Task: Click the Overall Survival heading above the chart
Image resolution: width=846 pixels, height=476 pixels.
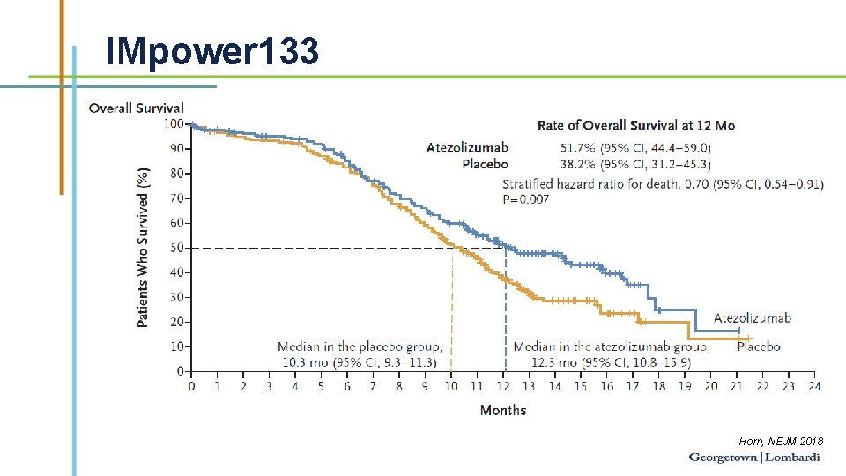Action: [137, 108]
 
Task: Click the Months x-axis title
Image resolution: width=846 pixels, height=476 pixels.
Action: [503, 410]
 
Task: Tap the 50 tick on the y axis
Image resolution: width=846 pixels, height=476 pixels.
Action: [176, 248]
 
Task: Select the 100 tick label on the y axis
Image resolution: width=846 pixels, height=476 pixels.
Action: [174, 123]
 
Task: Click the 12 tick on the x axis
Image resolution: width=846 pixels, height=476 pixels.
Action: [503, 386]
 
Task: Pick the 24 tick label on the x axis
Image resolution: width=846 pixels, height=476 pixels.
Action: [813, 386]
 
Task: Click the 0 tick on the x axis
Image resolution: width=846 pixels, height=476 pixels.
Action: [192, 386]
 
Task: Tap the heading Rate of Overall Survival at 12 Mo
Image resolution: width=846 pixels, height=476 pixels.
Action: [635, 126]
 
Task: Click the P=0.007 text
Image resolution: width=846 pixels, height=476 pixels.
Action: [525, 199]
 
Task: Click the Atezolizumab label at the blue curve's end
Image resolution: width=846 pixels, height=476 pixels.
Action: [752, 318]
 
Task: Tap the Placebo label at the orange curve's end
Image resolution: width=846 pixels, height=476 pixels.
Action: [758, 346]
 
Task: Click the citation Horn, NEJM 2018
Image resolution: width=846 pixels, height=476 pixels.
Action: [781, 440]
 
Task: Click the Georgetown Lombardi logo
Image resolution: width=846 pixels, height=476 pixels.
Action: [754, 457]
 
